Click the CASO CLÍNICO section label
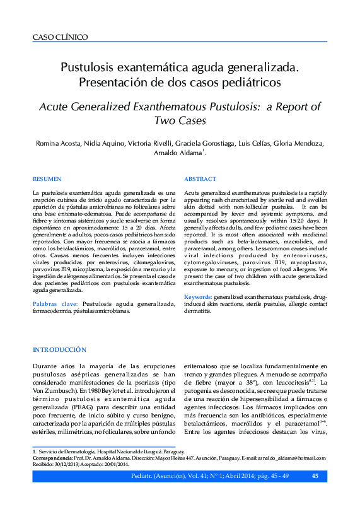[60, 38]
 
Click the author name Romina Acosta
[57, 143]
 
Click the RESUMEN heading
[47, 180]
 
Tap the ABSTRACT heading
[200, 180]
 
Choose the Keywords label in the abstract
[197, 296]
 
